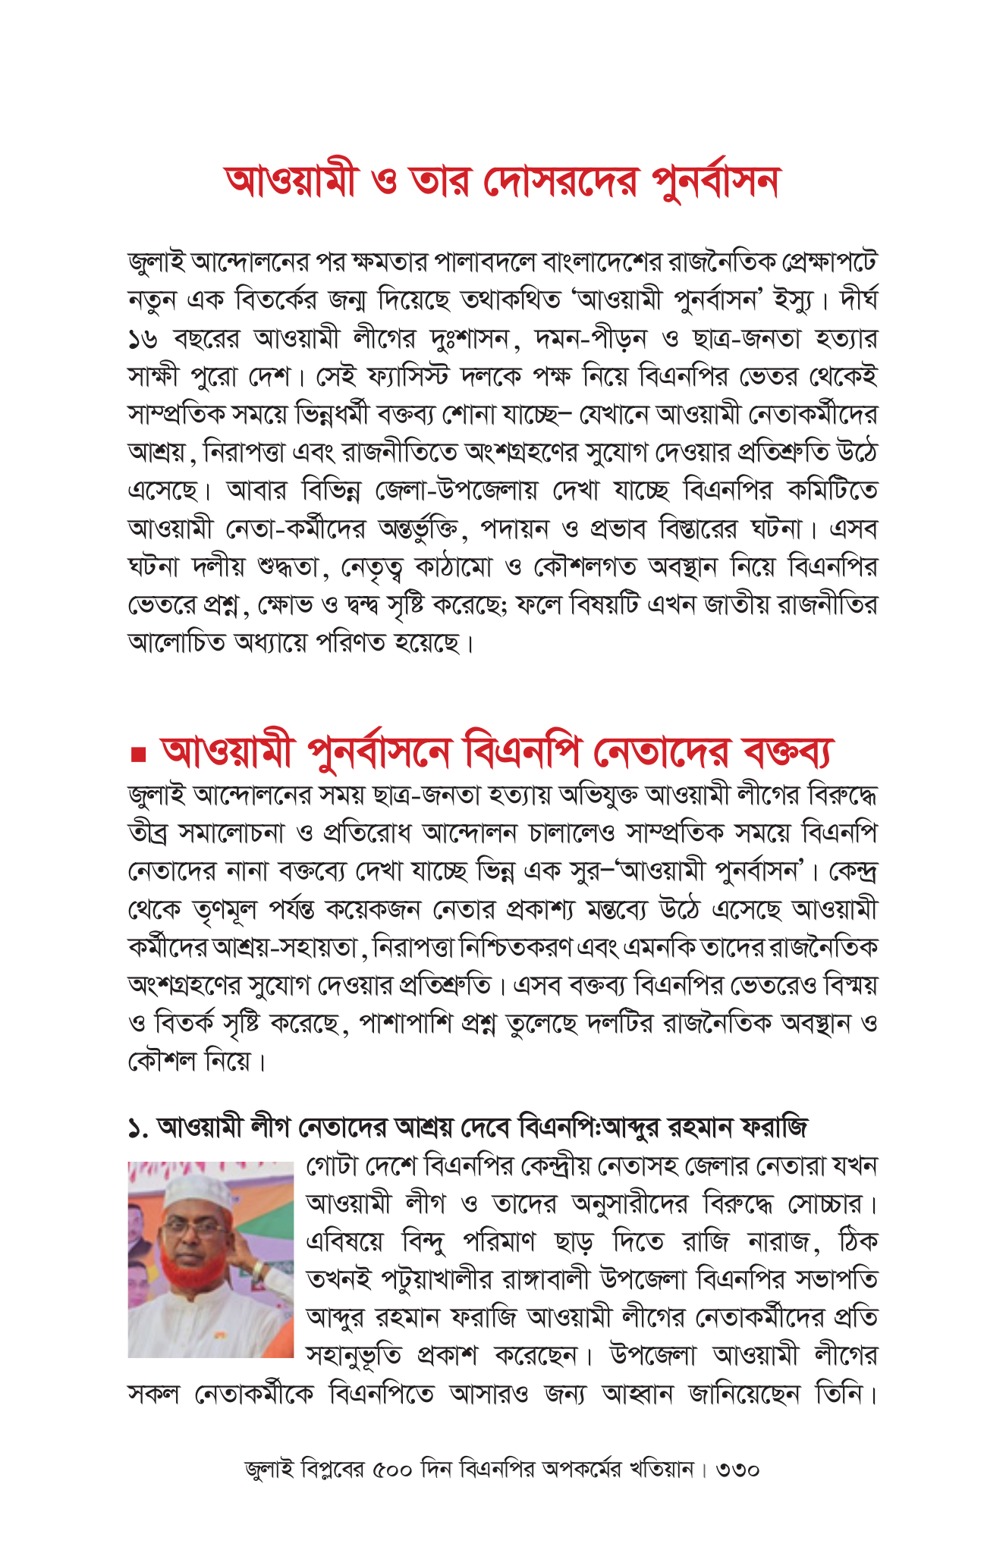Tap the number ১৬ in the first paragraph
(143, 339)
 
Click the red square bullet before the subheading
(137, 755)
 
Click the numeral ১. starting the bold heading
(138, 1128)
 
